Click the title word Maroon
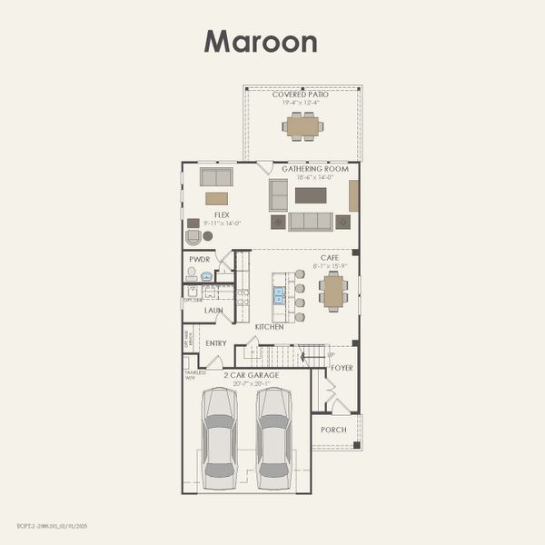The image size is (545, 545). (260, 42)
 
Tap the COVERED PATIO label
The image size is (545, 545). (301, 94)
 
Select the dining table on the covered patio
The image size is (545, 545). (302, 126)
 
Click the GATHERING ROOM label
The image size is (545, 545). (315, 169)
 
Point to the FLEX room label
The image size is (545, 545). (222, 215)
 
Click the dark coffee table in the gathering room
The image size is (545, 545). (311, 195)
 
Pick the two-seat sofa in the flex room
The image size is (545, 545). (216, 176)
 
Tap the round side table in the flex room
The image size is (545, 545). (208, 236)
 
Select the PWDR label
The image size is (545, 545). (199, 259)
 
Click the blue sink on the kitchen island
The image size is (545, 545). (279, 295)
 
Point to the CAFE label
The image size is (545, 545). (330, 257)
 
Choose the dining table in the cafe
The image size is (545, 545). (333, 292)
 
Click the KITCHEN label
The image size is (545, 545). (270, 327)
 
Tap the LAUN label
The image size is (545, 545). (213, 311)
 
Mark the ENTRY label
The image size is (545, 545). (216, 343)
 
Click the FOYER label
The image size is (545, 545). (342, 368)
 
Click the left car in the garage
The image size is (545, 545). (219, 439)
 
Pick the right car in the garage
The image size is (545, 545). (273, 439)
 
